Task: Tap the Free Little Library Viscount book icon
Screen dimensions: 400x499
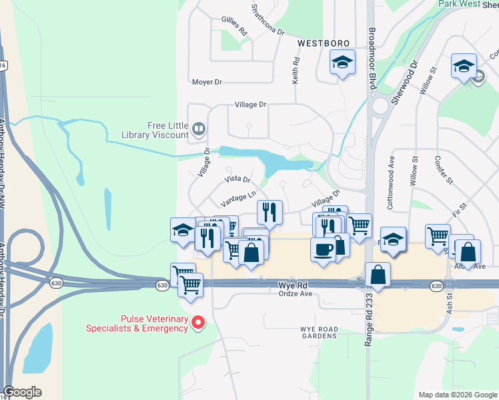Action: [198, 128]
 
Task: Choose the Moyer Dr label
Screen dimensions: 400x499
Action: [206, 82]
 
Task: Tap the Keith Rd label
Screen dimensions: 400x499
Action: [296, 69]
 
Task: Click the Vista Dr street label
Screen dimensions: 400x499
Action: [237, 179]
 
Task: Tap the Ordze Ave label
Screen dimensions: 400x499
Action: [295, 293]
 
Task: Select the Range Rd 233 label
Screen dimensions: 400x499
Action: [368, 320]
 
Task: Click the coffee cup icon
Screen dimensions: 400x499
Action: [323, 249]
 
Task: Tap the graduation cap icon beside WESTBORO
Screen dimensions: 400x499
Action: [342, 63]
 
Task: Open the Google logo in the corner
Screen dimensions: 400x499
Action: [23, 392]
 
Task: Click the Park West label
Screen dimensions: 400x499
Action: [460, 4]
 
